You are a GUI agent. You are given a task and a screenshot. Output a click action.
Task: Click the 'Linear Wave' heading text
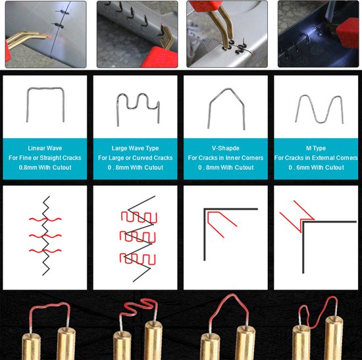coord(45,148)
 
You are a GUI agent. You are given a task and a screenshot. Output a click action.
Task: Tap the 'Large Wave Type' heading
coord(136,148)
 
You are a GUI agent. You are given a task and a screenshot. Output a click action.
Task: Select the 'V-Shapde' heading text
coord(226,148)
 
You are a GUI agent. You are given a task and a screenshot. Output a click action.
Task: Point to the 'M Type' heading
coord(316,148)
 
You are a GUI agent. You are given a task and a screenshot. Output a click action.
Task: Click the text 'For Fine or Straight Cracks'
coord(45,158)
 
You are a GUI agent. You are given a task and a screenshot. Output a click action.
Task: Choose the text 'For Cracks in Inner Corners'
coord(226,158)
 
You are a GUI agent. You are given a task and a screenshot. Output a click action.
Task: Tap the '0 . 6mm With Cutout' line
coord(316,167)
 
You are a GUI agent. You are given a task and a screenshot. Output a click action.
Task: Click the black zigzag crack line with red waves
coord(45,236)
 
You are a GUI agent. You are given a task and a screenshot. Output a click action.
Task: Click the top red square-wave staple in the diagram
coord(139,217)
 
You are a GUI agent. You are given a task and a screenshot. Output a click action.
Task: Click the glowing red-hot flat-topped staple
coord(49,305)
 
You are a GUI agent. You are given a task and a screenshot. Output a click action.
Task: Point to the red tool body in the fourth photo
coord(348,33)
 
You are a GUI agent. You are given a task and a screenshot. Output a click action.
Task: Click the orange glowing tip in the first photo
coord(48,36)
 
